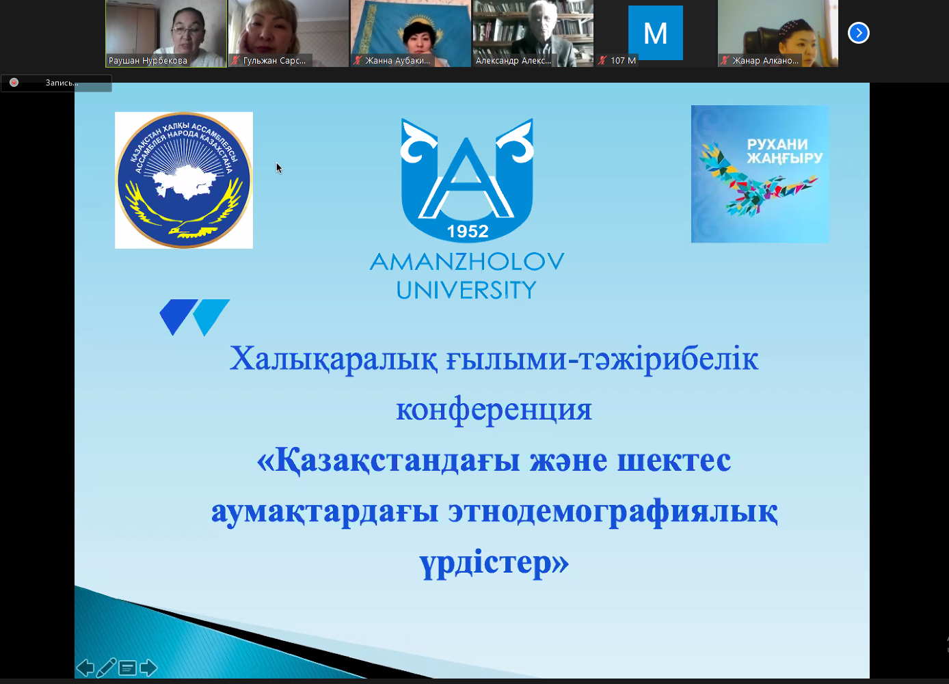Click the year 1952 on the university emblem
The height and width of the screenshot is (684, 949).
point(468,231)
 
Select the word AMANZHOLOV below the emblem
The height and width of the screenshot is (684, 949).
point(467,262)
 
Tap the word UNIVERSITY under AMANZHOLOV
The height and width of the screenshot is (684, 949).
point(466,290)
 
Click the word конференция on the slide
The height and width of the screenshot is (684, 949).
point(494,410)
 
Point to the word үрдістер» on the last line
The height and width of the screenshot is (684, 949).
point(494,562)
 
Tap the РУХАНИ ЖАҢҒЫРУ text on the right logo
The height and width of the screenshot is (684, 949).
point(784,151)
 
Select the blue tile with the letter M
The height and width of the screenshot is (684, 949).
point(656,33)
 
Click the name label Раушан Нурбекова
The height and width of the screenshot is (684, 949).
point(148,61)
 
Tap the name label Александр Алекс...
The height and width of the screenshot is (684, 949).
point(513,61)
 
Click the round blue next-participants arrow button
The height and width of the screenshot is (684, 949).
point(858,33)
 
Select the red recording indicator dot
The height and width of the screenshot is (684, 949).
point(14,82)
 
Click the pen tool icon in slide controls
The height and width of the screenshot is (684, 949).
point(106,668)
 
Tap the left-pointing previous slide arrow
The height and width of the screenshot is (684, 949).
point(85,668)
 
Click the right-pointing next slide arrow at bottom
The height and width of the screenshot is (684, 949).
point(148,668)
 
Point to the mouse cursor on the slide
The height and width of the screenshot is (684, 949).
point(279,167)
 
